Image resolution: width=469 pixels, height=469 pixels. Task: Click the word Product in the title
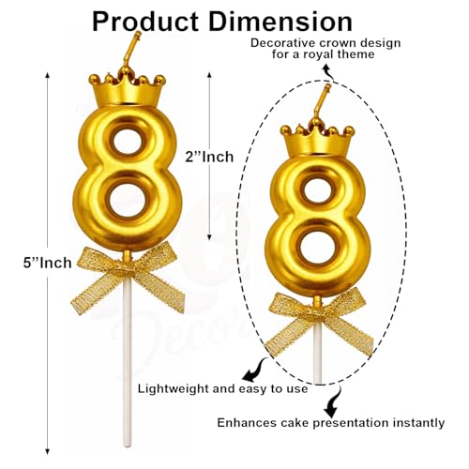click(145, 22)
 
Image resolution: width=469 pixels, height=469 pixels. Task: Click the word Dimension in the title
click(280, 22)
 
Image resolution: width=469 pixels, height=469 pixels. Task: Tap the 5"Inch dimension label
click(48, 263)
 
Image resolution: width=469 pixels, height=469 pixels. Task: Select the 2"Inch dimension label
click(209, 157)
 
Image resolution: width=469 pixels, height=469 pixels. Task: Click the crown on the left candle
click(127, 89)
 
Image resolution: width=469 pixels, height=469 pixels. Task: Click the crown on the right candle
click(317, 139)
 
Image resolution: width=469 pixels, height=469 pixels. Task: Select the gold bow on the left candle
click(128, 278)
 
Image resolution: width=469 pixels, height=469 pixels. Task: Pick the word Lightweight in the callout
click(174, 389)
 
